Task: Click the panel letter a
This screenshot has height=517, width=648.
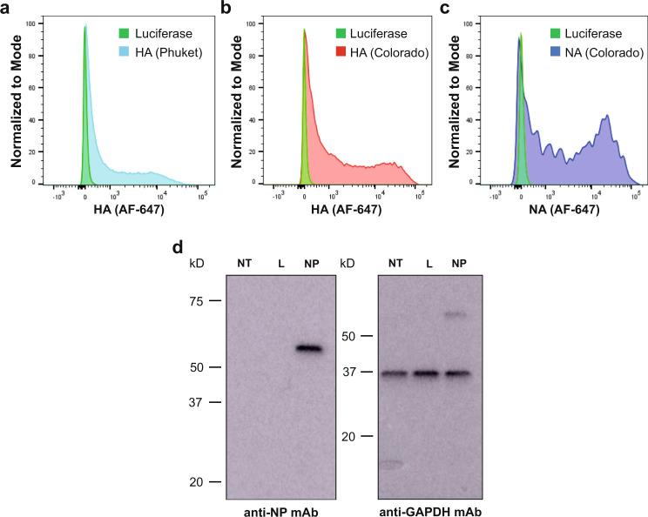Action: pyautogui.click(x=6, y=9)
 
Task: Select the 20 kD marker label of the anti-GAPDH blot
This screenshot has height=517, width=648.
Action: pyautogui.click(x=348, y=436)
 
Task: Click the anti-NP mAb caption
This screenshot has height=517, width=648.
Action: pyautogui.click(x=280, y=509)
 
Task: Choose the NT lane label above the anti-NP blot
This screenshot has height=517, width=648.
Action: pyautogui.click(x=244, y=263)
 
